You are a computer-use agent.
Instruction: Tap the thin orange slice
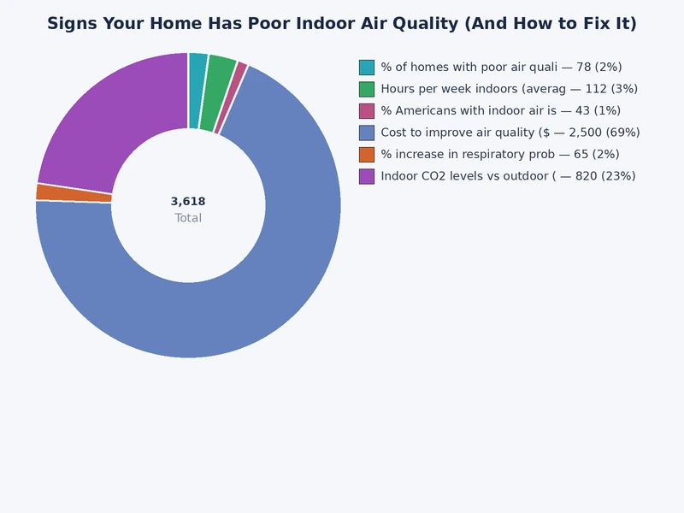pyautogui.click(x=74, y=193)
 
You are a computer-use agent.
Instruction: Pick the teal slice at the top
pyautogui.click(x=198, y=91)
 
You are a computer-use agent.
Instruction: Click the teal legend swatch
pyautogui.click(x=367, y=67)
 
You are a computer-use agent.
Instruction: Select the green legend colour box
pyautogui.click(x=367, y=89)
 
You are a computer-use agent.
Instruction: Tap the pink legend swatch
pyautogui.click(x=367, y=110)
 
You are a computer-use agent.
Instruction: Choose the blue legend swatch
pyautogui.click(x=367, y=133)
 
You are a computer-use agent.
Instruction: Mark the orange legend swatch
pyautogui.click(x=367, y=154)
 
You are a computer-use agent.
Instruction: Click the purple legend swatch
pyautogui.click(x=367, y=176)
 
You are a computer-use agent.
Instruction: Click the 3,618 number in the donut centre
pyautogui.click(x=188, y=202)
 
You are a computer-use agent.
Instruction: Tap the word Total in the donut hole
pyautogui.click(x=188, y=218)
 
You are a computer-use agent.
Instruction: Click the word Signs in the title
pyautogui.click(x=72, y=24)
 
